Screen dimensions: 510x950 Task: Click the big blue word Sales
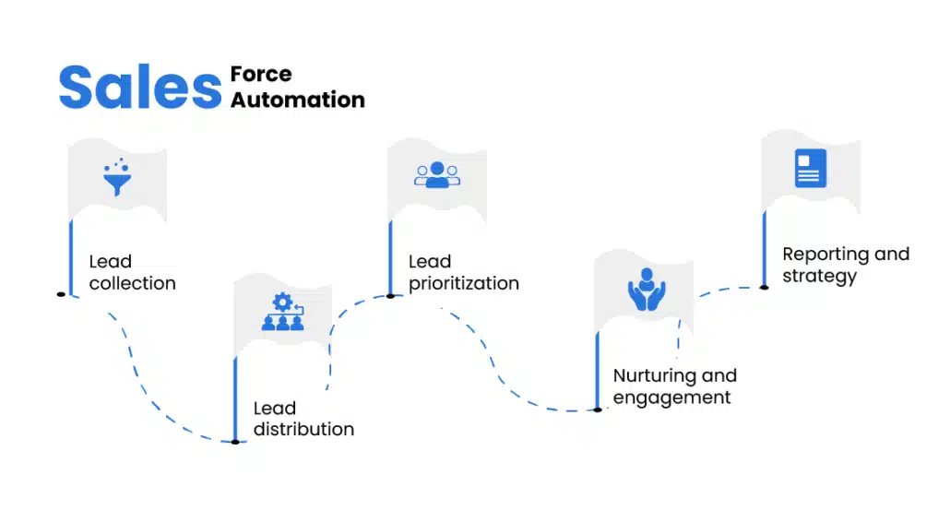140,87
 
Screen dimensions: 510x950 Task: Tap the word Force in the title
261,74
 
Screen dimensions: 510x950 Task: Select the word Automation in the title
297,100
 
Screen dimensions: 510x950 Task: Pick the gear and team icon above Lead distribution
281,312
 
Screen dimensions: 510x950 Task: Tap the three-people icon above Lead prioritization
436,175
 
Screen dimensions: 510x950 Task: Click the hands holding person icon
646,289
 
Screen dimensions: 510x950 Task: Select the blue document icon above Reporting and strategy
811,169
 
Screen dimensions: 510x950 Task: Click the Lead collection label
132,272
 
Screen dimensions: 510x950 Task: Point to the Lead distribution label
303,419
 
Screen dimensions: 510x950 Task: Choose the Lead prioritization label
463,272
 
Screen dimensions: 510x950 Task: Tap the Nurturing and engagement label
674,386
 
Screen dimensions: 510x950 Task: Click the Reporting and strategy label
846,265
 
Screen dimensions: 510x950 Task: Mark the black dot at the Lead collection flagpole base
61,294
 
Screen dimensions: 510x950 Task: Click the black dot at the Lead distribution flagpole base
235,442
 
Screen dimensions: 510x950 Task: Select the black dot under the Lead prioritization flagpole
390,296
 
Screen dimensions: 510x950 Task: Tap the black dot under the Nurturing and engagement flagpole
598,409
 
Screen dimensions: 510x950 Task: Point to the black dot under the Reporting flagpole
764,287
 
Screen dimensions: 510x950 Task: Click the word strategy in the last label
820,276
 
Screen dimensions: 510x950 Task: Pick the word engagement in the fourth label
671,397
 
